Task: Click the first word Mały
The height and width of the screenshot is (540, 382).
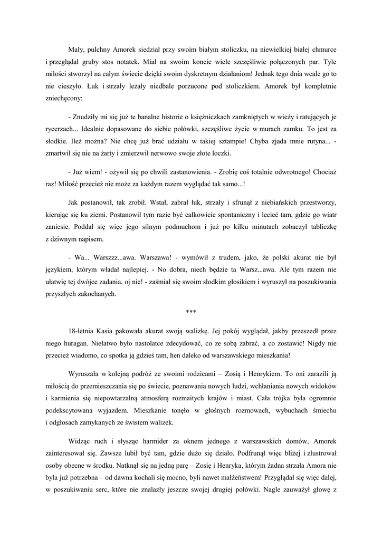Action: point(77,49)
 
